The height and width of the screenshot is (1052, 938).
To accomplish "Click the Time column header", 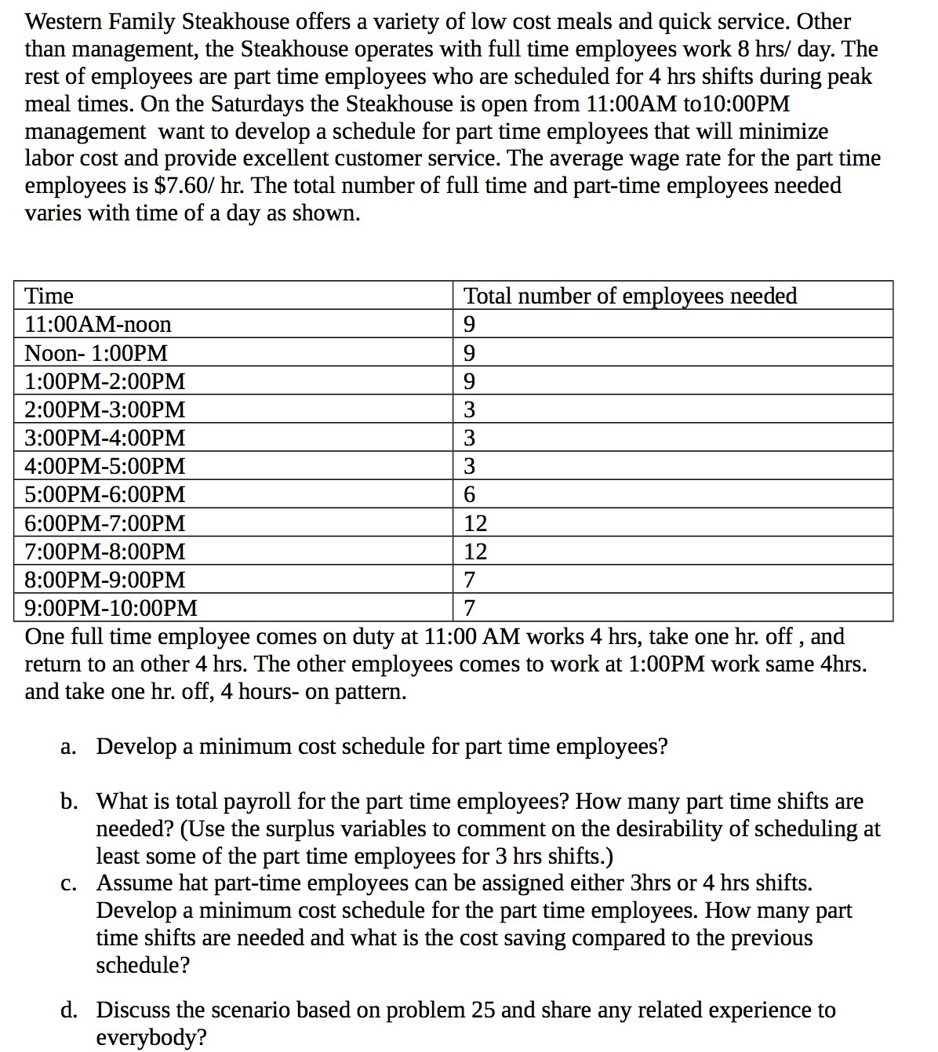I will click(x=49, y=297).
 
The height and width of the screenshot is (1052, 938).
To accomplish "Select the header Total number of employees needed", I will click(x=630, y=296).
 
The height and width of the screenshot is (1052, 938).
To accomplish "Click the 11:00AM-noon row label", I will click(x=98, y=324).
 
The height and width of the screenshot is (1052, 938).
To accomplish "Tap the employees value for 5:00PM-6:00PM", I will click(x=470, y=495).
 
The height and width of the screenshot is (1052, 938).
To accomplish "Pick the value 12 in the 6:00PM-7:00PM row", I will click(x=475, y=523).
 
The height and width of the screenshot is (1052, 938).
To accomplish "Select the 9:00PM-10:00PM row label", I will click(x=111, y=608).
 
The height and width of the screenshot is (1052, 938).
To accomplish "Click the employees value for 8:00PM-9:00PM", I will click(x=470, y=581).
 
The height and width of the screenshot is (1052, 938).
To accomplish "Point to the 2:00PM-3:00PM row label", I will click(x=105, y=410).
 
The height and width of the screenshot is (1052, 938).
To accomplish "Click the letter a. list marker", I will click(x=67, y=746).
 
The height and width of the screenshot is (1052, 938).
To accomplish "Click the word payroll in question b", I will click(x=260, y=802).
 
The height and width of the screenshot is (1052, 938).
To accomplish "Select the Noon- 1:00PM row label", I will click(x=96, y=353).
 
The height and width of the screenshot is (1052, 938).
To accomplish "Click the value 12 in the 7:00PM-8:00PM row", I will click(x=475, y=552).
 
